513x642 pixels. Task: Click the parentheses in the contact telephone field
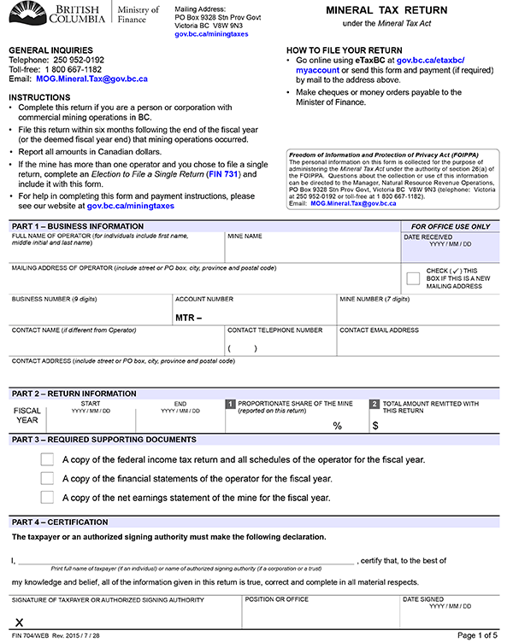pos(242,348)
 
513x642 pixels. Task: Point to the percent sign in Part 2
pos(337,425)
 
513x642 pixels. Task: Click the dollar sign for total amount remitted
pos(374,425)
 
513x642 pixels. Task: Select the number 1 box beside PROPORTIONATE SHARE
pos(229,404)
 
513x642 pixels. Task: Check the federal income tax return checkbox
pos(47,459)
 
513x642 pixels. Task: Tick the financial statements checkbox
pos(47,478)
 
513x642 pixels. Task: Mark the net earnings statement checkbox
pos(47,497)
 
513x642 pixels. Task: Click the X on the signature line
pos(19,624)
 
